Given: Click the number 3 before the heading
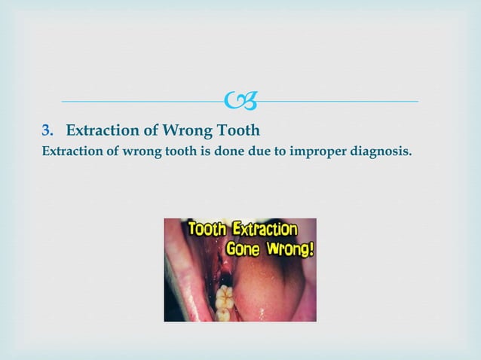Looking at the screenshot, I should tap(45, 129).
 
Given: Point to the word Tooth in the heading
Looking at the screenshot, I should tap(237, 129).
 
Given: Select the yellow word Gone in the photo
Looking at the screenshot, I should tap(242, 249).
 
